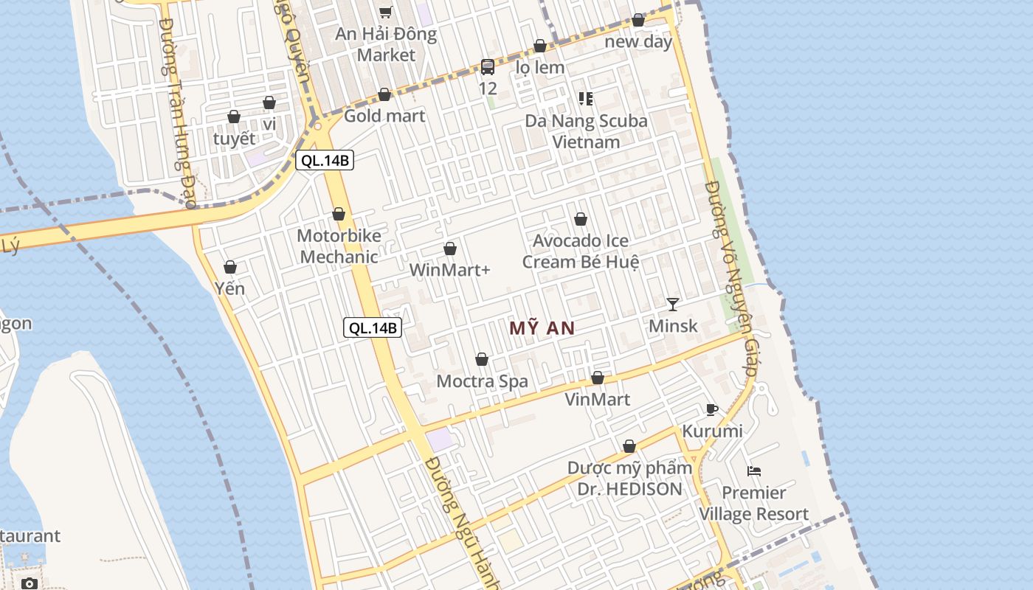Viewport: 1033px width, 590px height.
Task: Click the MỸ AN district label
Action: pyautogui.click(x=542, y=328)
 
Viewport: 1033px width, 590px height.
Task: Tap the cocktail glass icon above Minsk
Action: pyautogui.click(x=672, y=304)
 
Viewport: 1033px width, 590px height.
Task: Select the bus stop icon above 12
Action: pyautogui.click(x=488, y=67)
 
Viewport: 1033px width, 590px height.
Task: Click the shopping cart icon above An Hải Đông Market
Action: pyautogui.click(x=385, y=12)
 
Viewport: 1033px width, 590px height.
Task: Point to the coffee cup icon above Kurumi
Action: pyautogui.click(x=711, y=409)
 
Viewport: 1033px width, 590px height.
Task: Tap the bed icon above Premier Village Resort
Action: pyautogui.click(x=754, y=471)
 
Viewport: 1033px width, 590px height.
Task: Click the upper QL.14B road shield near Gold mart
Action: pyautogui.click(x=325, y=160)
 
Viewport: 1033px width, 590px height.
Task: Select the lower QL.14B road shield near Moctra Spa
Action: pyautogui.click(x=373, y=328)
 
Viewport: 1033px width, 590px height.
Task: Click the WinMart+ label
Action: pyautogui.click(x=449, y=270)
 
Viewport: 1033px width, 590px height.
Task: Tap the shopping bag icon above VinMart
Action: pyautogui.click(x=598, y=378)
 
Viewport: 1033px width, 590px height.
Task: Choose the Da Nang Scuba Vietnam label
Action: pyautogui.click(x=587, y=131)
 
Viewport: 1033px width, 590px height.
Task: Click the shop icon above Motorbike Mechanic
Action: pyautogui.click(x=339, y=215)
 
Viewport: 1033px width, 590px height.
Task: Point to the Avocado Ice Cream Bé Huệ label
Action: pyautogui.click(x=581, y=251)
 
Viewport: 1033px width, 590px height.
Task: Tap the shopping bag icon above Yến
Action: pyautogui.click(x=230, y=267)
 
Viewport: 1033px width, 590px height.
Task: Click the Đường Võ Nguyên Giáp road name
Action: pyautogui.click(x=730, y=280)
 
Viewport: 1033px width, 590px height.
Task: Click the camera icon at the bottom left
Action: pyautogui.click(x=30, y=583)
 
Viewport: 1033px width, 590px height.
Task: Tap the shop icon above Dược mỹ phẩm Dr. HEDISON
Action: pyautogui.click(x=629, y=447)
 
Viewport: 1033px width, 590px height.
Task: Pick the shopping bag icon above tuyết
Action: pyautogui.click(x=234, y=117)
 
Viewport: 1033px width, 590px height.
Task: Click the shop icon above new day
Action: pyautogui.click(x=638, y=21)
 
